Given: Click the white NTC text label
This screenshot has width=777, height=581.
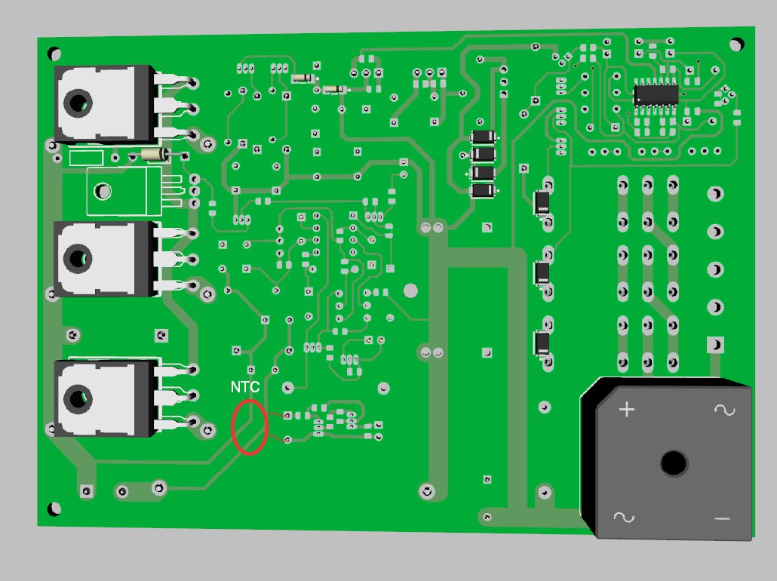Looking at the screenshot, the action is click(245, 386).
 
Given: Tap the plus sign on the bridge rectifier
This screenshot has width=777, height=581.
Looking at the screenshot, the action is click(627, 410).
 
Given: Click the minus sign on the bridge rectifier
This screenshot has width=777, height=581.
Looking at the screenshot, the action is click(722, 519).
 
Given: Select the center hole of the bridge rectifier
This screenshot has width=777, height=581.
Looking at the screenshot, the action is click(674, 463).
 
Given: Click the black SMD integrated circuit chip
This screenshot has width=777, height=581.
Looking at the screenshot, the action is click(656, 94).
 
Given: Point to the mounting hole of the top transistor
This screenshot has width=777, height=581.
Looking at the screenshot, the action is click(78, 103).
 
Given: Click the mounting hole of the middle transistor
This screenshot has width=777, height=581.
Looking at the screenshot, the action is click(78, 258).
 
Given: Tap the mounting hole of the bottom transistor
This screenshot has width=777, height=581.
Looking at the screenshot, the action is click(78, 398).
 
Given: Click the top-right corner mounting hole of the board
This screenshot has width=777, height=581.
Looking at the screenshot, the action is click(736, 45).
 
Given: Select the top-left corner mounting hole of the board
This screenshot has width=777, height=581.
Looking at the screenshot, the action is click(54, 54).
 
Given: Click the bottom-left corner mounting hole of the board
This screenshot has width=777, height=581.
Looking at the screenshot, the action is click(54, 509).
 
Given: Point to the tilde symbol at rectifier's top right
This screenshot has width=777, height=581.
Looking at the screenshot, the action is click(724, 410).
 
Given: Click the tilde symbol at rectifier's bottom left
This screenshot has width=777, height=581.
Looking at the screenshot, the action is click(623, 518).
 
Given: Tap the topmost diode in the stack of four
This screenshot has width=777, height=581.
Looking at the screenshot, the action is click(483, 137).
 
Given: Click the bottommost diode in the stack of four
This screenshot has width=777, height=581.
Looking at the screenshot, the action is click(483, 190).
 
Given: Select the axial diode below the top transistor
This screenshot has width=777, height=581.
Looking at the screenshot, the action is click(156, 155).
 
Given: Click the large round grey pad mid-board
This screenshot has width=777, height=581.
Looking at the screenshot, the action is click(410, 290).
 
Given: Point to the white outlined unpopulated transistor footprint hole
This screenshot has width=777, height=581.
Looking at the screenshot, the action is click(103, 191).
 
